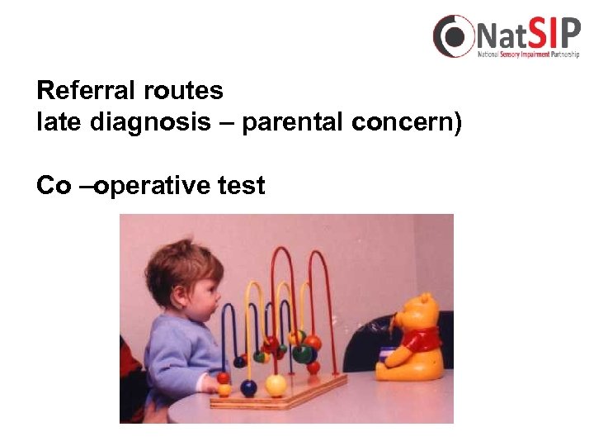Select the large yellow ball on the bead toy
(276, 385)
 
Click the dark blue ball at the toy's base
(248, 387)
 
